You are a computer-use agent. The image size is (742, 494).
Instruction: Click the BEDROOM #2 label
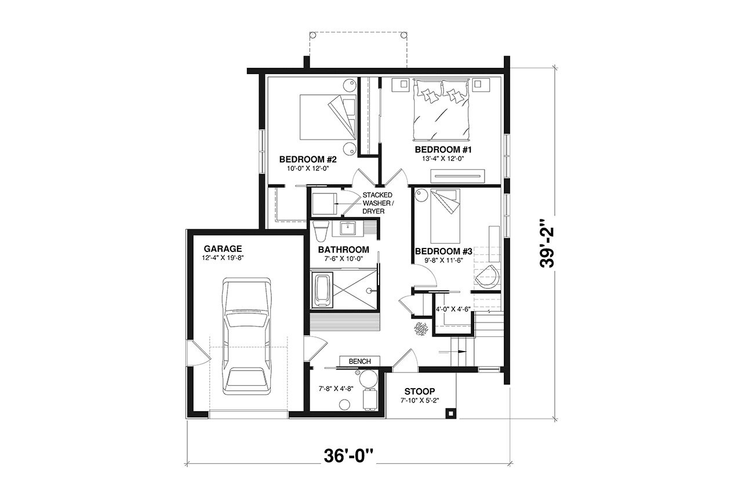click(x=308, y=159)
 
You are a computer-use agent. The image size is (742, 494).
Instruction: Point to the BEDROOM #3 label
click(x=444, y=251)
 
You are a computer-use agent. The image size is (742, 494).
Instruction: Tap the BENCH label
click(x=359, y=361)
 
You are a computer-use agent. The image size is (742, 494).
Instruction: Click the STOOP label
click(x=420, y=391)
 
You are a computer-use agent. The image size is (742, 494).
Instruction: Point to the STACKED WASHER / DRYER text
click(x=378, y=203)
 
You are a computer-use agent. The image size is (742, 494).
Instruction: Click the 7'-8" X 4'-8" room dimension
click(x=332, y=389)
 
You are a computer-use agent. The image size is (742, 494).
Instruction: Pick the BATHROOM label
click(x=343, y=250)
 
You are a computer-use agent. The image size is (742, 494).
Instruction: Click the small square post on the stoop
click(x=449, y=413)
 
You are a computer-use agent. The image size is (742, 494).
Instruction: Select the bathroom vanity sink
click(x=349, y=228)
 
